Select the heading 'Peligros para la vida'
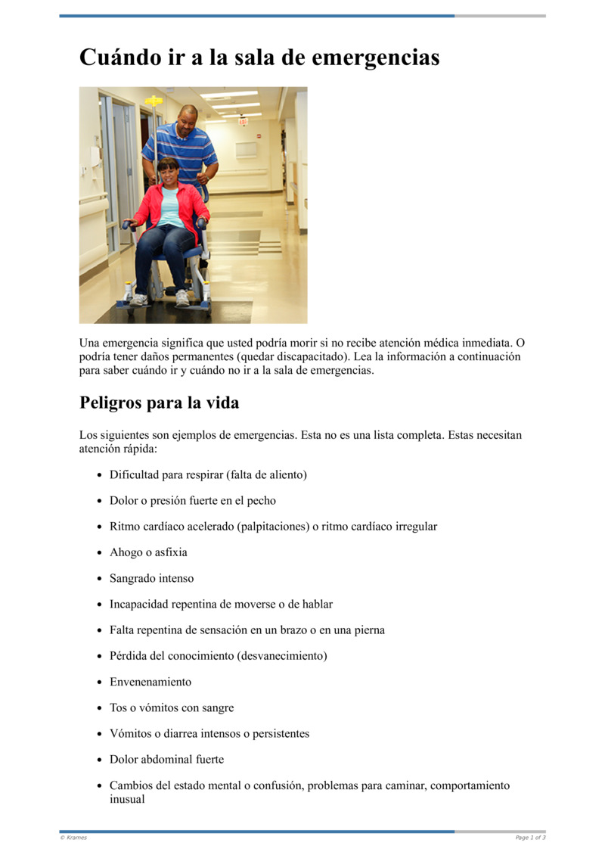pyautogui.click(x=159, y=403)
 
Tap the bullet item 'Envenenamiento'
pyautogui.click(x=150, y=682)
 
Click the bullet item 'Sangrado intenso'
pyautogui.click(x=151, y=578)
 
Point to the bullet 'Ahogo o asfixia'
pyautogui.click(x=148, y=552)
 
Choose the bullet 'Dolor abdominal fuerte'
pyautogui.click(x=166, y=759)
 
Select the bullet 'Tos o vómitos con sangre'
pyautogui.click(x=172, y=707)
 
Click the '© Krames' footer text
pyautogui.click(x=73, y=838)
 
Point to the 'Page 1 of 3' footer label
pyautogui.click(x=530, y=838)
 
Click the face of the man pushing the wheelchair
pyautogui.click(x=188, y=119)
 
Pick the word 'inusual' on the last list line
pyautogui.click(x=127, y=798)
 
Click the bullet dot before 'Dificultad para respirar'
pyautogui.click(x=100, y=475)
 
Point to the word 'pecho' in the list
pyautogui.click(x=260, y=500)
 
